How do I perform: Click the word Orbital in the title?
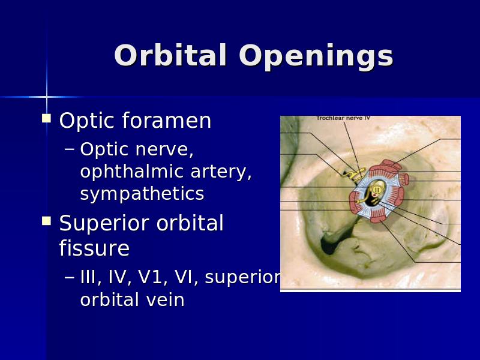coord(170,55)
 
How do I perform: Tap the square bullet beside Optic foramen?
coord(46,118)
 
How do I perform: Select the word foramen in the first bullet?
coord(167,121)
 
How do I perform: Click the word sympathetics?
coord(142,194)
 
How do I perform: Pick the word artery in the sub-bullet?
coord(221,172)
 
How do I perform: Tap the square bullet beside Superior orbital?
coord(46,220)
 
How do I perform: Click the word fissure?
coord(94,248)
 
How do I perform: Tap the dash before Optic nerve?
coord(70,149)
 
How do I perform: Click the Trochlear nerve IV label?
coord(343,118)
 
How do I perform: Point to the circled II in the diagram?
coord(377,190)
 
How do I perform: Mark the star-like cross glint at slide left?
coord(47,97)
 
